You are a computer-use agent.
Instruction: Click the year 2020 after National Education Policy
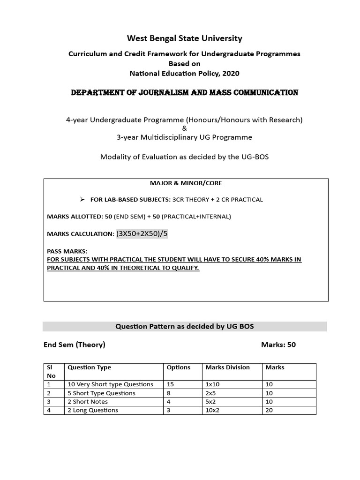[229, 73]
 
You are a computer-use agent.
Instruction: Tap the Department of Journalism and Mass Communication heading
[184, 93]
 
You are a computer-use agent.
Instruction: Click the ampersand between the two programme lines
[184, 128]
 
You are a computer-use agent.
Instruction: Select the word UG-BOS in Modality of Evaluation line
[256, 157]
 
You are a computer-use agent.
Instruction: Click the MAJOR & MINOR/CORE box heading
[186, 183]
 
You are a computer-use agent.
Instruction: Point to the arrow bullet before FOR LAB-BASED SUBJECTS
[82, 199]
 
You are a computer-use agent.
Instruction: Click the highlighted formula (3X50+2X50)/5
[142, 234]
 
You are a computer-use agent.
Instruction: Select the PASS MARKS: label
[67, 251]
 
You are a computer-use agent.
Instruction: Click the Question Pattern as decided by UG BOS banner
[184, 326]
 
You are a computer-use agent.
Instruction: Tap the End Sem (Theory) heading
[75, 345]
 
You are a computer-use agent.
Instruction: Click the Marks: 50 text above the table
[278, 345]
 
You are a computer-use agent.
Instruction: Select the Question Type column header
[90, 367]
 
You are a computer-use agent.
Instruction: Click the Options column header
[179, 367]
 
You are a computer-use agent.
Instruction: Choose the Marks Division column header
[227, 367]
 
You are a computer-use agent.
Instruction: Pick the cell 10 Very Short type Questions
[110, 384]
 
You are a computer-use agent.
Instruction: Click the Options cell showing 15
[171, 384]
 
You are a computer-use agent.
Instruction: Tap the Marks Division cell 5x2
[212, 402]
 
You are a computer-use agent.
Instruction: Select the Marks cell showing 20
[269, 410]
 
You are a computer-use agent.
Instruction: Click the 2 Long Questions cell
[93, 410]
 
